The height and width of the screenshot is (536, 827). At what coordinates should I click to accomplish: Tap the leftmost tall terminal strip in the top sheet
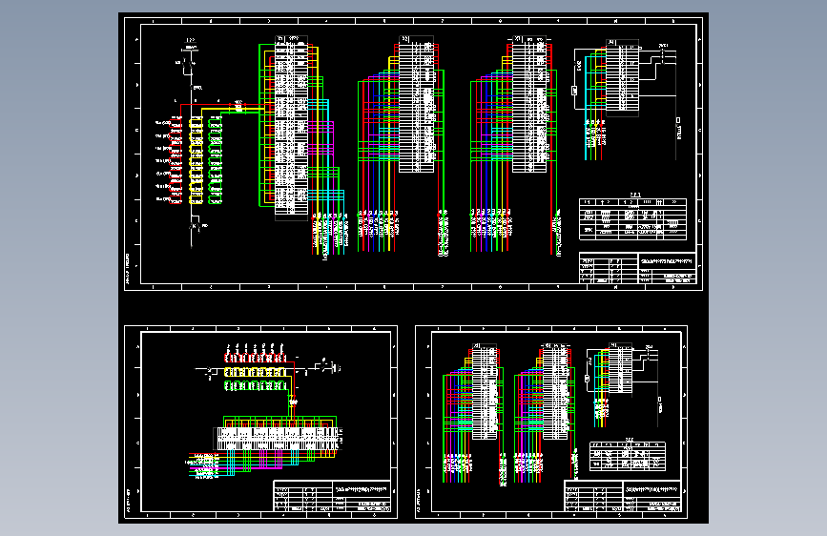(x=291, y=129)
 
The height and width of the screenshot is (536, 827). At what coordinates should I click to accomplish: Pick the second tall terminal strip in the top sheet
(x=416, y=105)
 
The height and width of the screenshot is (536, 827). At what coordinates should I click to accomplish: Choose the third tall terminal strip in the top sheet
(x=530, y=105)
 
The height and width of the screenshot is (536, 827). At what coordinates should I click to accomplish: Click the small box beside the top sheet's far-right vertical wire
(x=678, y=123)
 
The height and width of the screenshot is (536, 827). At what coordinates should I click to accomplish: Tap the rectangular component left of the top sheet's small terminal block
(x=573, y=91)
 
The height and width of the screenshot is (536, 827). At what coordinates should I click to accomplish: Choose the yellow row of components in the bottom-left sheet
(x=257, y=370)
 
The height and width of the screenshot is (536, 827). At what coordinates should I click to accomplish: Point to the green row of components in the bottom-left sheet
(x=257, y=384)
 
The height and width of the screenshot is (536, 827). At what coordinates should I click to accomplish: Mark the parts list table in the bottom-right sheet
(x=627, y=457)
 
